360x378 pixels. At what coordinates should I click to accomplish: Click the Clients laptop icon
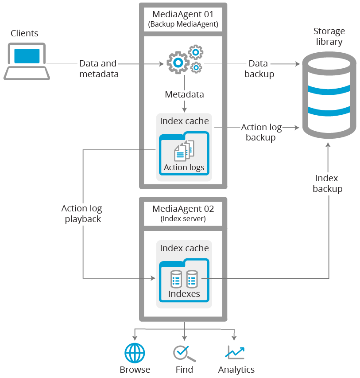[x=27, y=61]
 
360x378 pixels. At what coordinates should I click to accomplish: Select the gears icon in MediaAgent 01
[x=184, y=59]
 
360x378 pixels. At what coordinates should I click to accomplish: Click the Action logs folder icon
[x=184, y=153]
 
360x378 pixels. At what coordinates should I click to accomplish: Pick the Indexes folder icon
[x=184, y=281]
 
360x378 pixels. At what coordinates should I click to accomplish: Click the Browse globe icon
[x=135, y=353]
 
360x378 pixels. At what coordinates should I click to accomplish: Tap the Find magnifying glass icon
[x=184, y=353]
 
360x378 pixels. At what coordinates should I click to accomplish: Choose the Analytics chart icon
[x=235, y=353]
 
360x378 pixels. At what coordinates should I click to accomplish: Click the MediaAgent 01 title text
[x=183, y=14]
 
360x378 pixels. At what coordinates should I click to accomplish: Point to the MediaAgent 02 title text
[x=183, y=208]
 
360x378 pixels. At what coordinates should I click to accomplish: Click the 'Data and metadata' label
[x=99, y=69]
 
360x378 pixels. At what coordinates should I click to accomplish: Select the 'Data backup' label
[x=259, y=69]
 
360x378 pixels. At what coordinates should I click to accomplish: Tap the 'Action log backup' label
[x=261, y=132]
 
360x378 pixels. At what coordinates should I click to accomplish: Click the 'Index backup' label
[x=327, y=183]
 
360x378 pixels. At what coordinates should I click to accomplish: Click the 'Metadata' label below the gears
[x=184, y=94]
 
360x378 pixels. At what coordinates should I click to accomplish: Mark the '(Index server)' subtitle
[x=183, y=218]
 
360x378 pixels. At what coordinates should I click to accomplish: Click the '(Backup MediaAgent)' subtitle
[x=183, y=24]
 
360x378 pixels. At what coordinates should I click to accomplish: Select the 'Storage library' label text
[x=329, y=36]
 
